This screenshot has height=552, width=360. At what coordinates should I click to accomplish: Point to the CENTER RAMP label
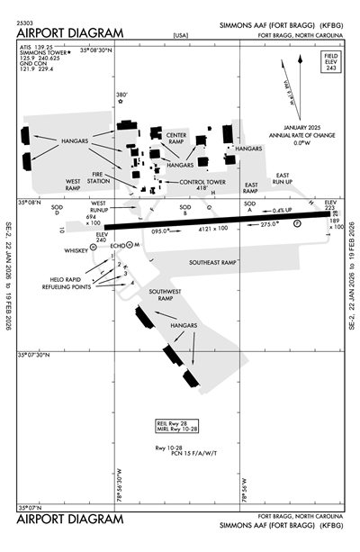tap(175, 138)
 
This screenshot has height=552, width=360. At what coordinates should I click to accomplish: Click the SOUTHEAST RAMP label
tap(212, 262)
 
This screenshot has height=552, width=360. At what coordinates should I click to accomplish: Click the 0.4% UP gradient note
tap(283, 211)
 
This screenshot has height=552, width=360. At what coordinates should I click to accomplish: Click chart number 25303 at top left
tap(28, 19)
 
